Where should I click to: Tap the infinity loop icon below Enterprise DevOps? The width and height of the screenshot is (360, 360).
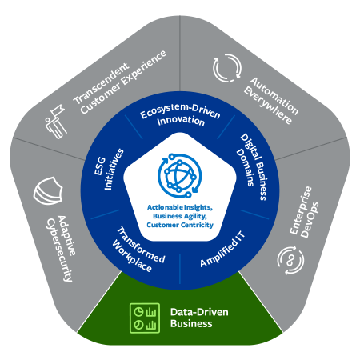coord(290,258)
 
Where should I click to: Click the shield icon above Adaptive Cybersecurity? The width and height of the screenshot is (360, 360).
coord(46,191)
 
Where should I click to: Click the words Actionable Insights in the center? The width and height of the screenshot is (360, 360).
coord(180,207)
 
